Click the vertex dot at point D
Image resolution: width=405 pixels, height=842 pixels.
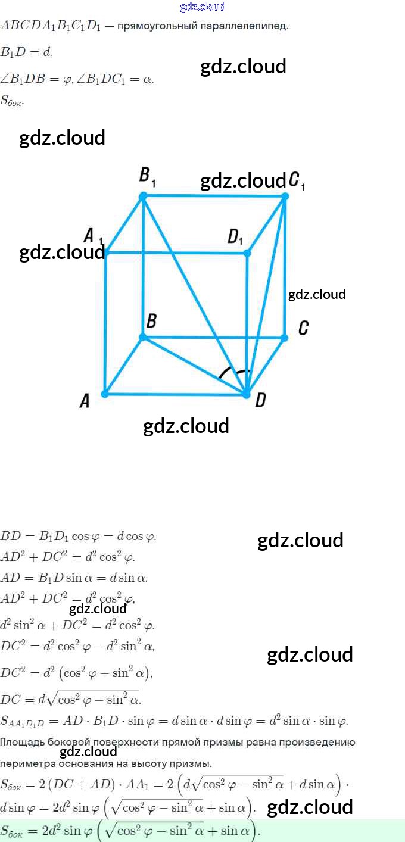pyautogui.click(x=246, y=394)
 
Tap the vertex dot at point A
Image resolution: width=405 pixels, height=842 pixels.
pyautogui.click(x=105, y=394)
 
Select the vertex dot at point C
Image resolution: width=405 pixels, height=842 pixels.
pyautogui.click(x=284, y=338)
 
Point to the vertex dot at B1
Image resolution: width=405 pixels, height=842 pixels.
pyautogui.click(x=143, y=196)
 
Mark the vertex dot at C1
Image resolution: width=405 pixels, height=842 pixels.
pyautogui.click(x=285, y=196)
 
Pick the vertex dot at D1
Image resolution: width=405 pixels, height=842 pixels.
pyautogui.click(x=247, y=253)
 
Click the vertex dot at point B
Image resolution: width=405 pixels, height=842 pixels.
pyautogui.click(x=143, y=337)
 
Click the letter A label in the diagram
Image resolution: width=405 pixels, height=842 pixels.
pyautogui.click(x=85, y=402)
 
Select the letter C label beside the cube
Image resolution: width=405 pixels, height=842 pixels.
pyautogui.click(x=303, y=328)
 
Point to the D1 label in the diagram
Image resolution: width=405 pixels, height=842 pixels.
pyautogui.click(x=235, y=238)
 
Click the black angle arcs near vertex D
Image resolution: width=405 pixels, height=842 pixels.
pyautogui.click(x=234, y=374)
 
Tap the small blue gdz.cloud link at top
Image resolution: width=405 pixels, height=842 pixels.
pyautogui.click(x=202, y=7)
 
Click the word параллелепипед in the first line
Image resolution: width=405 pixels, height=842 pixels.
pyautogui.click(x=251, y=26)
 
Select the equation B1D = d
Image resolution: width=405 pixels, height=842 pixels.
pyautogui.click(x=26, y=52)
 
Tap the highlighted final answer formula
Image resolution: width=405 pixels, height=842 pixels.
pyautogui.click(x=131, y=831)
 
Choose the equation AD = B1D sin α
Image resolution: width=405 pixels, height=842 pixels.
pyautogui.click(x=74, y=578)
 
